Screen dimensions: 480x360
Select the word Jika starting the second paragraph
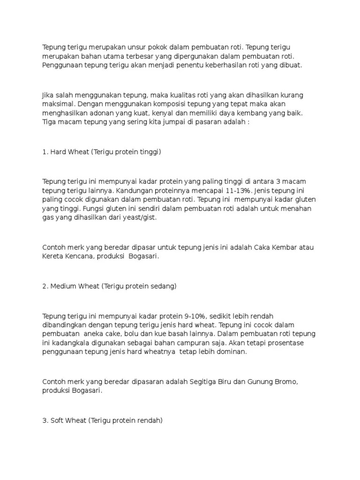click(49, 95)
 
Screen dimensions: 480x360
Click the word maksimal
click(58, 104)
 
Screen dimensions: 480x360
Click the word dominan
click(231, 351)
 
